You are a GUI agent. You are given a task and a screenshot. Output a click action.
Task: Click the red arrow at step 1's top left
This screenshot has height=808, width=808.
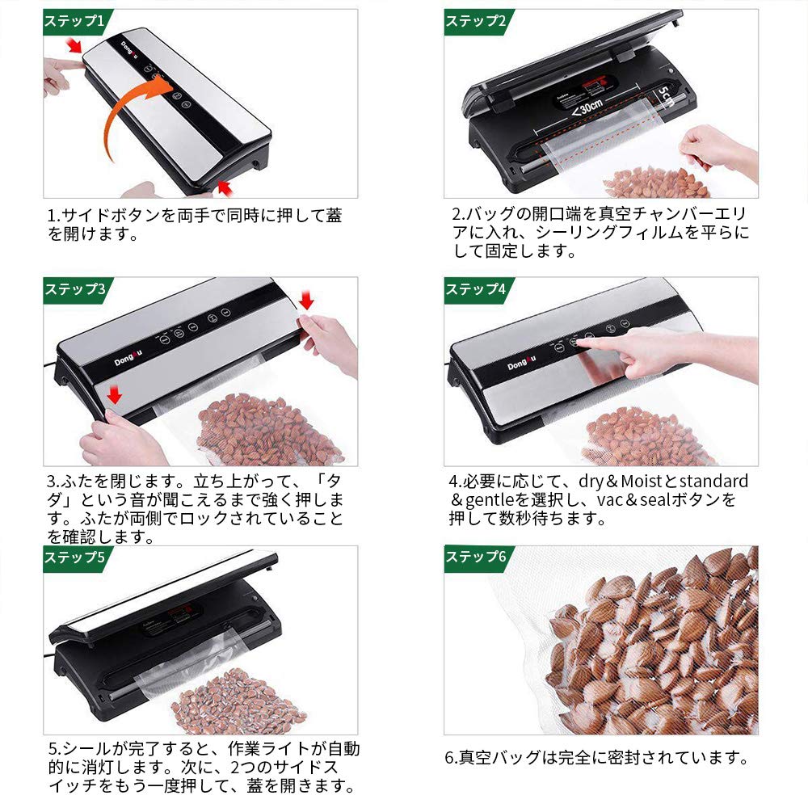pyautogui.click(x=74, y=45)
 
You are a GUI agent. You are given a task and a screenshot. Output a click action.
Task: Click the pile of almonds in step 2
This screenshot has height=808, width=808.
pyautogui.click(x=654, y=183)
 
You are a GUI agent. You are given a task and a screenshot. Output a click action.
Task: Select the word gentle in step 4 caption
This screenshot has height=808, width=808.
pyautogui.click(x=492, y=501)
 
